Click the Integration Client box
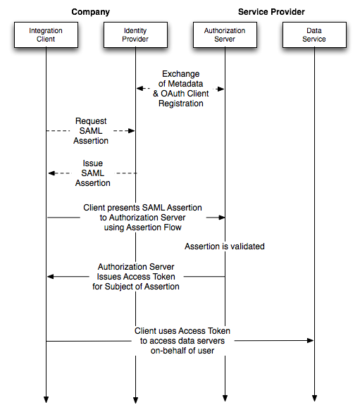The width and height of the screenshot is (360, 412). (46, 35)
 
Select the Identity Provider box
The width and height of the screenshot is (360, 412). (135, 35)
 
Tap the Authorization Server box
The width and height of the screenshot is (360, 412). (225, 35)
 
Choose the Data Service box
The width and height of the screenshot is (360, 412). (314, 35)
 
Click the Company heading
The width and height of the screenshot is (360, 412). (91, 12)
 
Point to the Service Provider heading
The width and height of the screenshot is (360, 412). (271, 12)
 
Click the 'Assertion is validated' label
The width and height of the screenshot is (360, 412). (225, 246)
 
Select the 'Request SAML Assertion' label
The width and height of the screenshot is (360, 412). (91, 131)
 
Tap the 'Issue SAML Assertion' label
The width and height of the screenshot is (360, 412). (93, 173)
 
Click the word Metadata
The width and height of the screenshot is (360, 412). (185, 84)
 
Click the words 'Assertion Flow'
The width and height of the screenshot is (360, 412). (154, 227)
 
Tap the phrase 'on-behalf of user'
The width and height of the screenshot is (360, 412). (182, 351)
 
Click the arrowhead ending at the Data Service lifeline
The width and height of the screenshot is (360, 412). (311, 341)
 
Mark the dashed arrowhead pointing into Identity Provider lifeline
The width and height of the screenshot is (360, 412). (131, 130)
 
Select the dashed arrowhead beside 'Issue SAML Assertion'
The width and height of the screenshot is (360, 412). (51, 173)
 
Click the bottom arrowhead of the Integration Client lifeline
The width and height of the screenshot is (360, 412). (46, 399)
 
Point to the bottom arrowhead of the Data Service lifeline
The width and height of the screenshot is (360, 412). (314, 399)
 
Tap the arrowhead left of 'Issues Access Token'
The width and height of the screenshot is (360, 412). (51, 276)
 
